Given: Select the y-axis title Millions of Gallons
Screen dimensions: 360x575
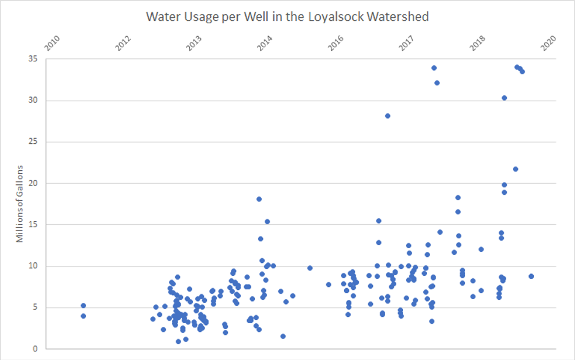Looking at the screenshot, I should click(20, 203).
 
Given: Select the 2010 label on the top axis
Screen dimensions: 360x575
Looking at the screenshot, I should click(53, 44).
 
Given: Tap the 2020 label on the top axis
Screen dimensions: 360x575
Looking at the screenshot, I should click(549, 44).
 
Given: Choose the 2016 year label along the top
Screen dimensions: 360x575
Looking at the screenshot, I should click(336, 44).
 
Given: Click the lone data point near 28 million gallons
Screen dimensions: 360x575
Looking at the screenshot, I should click(388, 115).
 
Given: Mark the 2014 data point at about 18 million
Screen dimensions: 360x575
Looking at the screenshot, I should click(259, 199).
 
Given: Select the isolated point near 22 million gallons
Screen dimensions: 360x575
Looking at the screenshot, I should click(515, 169).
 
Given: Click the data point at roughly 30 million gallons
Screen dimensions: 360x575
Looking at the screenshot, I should click(504, 98).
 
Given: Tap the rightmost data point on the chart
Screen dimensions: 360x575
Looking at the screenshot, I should click(531, 276).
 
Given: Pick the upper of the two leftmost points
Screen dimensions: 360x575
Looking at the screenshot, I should click(83, 305).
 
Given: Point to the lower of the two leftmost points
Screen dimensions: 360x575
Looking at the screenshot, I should click(83, 316).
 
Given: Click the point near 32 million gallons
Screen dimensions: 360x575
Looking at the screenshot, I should click(437, 83).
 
